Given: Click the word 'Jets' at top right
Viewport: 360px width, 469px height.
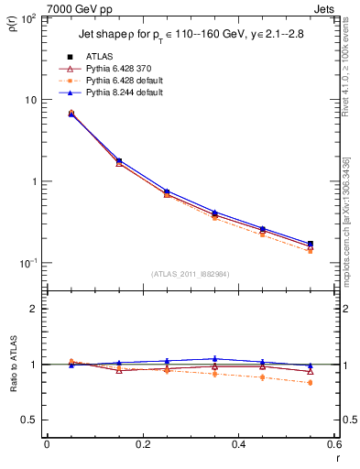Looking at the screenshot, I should pyautogui.click(x=326, y=7).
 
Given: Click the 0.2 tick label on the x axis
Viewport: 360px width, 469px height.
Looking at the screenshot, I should pyautogui.click(x=142, y=445).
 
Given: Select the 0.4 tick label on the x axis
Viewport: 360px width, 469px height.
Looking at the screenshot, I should pyautogui.click(x=238, y=445).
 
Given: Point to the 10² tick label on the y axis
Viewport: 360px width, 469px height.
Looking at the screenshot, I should pyautogui.click(x=29, y=18).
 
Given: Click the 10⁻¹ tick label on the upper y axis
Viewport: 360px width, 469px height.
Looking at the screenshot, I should pyautogui.click(x=28, y=263).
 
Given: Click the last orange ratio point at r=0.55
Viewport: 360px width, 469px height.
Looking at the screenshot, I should pyautogui.click(x=310, y=383).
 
